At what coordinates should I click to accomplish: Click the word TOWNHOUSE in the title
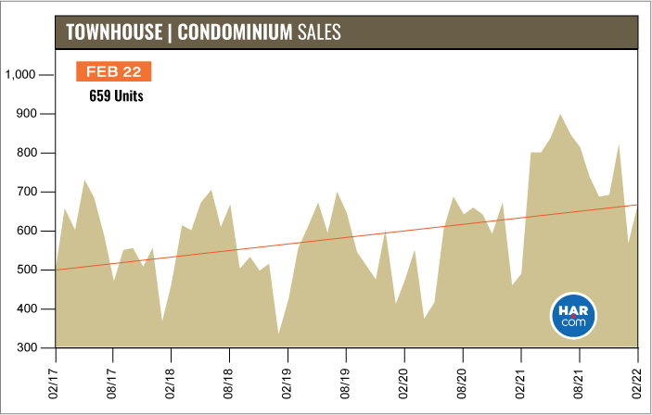[114, 32]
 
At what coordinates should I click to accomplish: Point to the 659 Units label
[116, 94]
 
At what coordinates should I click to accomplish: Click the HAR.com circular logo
[573, 315]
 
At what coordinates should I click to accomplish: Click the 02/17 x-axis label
[56, 382]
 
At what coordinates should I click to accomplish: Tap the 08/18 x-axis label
[230, 382]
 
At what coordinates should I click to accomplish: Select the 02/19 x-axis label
[288, 382]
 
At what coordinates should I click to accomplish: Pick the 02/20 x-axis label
[404, 382]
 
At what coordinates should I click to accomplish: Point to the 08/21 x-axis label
[580, 382]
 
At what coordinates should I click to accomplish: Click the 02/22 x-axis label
[638, 382]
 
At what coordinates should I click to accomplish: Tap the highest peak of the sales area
[560, 116]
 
